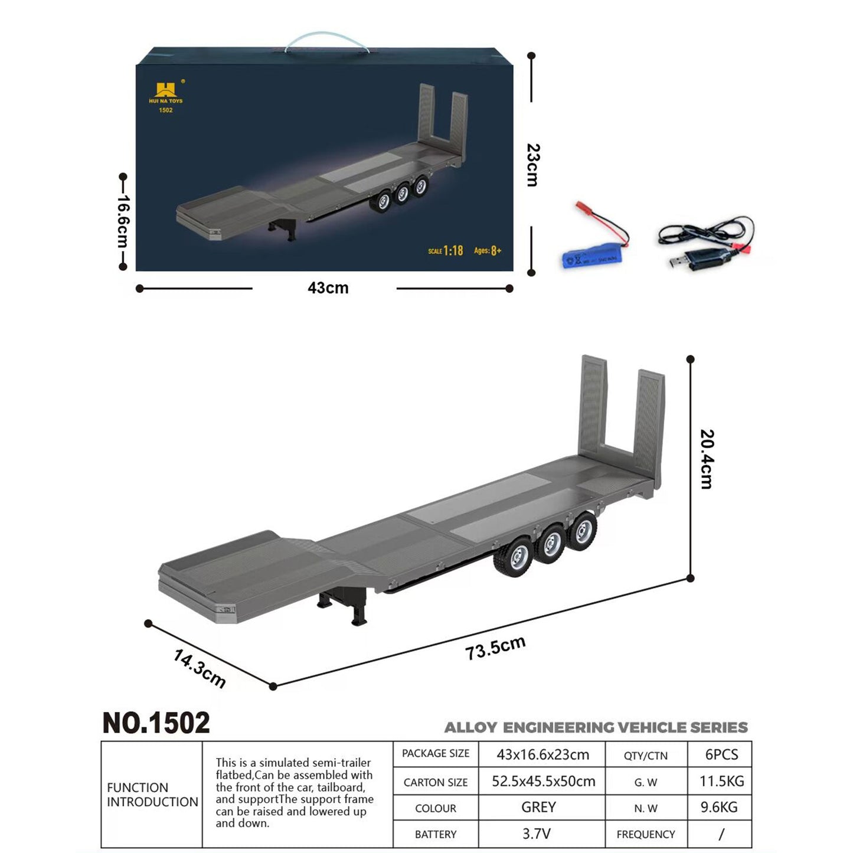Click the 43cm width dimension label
[328, 288]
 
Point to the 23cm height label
[532, 165]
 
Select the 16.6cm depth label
[123, 221]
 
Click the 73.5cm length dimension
[495, 648]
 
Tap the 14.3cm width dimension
[200, 668]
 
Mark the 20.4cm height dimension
[707, 459]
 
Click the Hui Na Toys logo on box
[166, 94]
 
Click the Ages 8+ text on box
[487, 251]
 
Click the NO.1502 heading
[156, 723]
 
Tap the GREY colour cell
[538, 807]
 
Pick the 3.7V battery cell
[536, 834]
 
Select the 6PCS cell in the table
[721, 754]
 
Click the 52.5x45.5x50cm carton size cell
[543, 781]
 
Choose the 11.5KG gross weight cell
[721, 781]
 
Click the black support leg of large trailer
[358, 612]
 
